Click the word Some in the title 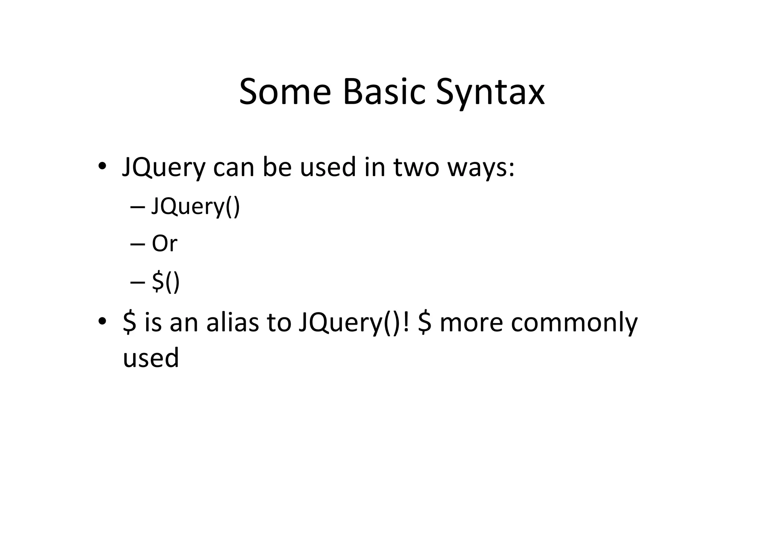tap(285, 92)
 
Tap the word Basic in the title tap(384, 92)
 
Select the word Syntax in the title tap(490, 94)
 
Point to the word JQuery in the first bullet tap(163, 168)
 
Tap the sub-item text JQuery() tap(196, 207)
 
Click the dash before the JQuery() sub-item tap(137, 207)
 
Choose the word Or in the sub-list tap(165, 243)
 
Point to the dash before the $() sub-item tap(137, 282)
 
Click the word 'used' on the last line tap(151, 358)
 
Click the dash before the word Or tap(137, 243)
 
